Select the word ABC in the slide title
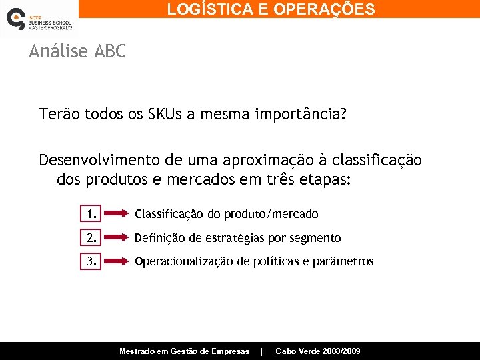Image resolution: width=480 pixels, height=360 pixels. point(111,51)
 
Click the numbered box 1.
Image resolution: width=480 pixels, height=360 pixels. point(91,214)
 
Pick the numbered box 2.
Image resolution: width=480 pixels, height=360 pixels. point(91,238)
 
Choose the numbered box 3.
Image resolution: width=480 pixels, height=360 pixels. point(91,261)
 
